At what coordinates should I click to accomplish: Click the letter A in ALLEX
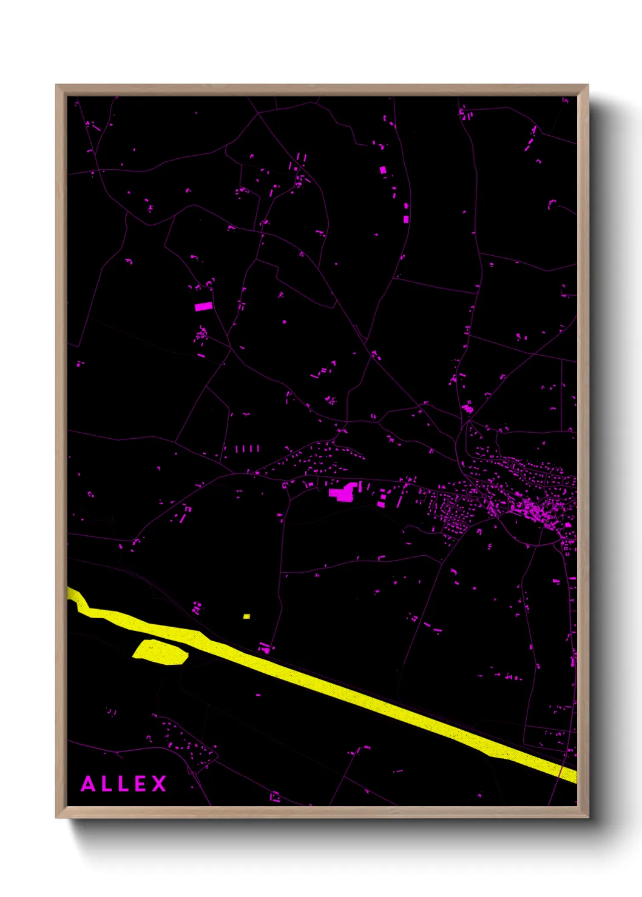click(88, 784)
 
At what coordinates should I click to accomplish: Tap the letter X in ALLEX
click(159, 784)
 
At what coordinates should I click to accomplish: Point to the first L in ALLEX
click(106, 784)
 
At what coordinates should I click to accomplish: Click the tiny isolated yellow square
click(246, 616)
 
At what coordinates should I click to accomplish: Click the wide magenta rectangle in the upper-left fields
click(203, 307)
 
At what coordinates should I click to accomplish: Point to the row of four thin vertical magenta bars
click(247, 448)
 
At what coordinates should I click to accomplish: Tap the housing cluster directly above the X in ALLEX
click(182, 742)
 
